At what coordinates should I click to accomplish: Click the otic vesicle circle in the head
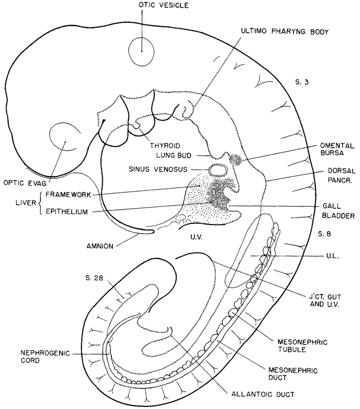141,51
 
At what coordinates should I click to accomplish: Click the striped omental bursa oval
236,160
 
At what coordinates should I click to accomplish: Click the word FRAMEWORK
68,194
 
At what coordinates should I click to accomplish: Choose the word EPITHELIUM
67,210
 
